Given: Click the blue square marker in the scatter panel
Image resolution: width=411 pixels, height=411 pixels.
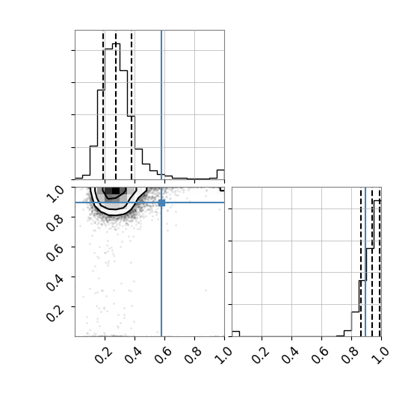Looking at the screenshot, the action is (161, 203).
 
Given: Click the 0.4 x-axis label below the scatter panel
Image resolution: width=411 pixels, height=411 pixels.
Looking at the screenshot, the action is (134, 355).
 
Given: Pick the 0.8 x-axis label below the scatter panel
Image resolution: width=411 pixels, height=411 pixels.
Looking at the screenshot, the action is (194, 355).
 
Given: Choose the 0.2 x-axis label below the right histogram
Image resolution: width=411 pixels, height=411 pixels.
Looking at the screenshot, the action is (261, 355).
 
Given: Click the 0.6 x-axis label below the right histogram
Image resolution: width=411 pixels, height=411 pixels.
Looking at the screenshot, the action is (321, 355).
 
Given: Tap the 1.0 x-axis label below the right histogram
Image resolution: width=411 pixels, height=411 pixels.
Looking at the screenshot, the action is (380, 355).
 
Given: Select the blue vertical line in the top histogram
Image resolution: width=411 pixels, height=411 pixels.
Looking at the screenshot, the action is (161, 105).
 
